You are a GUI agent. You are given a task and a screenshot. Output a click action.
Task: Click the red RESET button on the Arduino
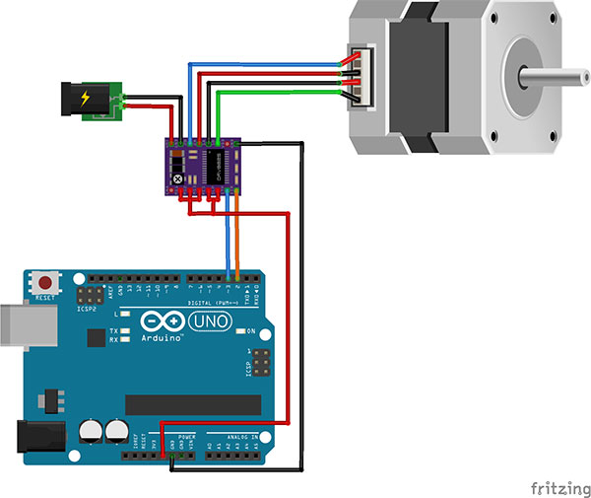click(43, 282)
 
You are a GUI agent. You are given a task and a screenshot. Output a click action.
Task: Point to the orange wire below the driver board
click(237, 237)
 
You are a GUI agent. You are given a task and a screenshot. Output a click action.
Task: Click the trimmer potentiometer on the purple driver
click(177, 177)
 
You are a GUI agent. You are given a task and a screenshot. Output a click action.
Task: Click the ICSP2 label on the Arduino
click(87, 307)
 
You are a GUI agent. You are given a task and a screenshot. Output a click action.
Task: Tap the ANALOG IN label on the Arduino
click(240, 437)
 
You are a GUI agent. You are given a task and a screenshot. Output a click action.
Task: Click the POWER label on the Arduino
click(186, 436)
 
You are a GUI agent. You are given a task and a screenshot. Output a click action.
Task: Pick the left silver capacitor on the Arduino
click(90, 430)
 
